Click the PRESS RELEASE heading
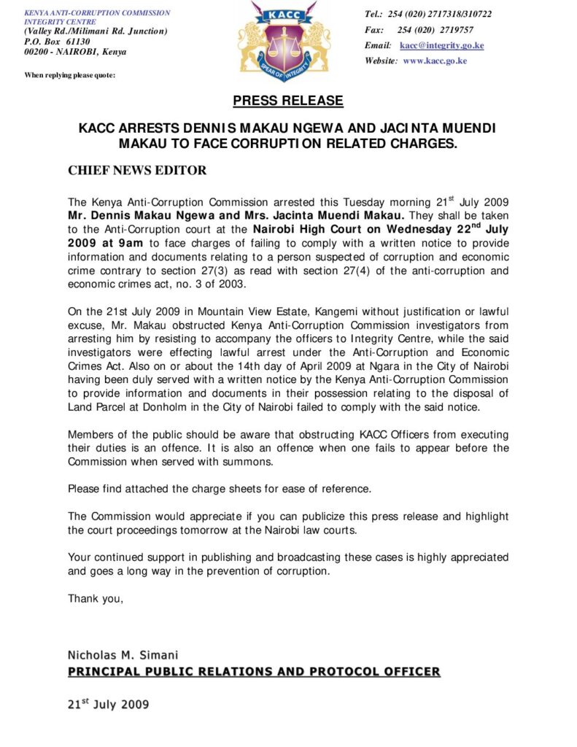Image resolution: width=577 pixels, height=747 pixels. click(x=288, y=101)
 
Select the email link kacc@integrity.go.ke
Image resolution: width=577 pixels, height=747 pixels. click(x=441, y=46)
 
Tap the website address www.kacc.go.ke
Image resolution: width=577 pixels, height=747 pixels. click(x=435, y=61)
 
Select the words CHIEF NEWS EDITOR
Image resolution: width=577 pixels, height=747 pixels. click(x=137, y=171)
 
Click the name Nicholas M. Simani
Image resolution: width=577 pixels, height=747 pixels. click(x=123, y=654)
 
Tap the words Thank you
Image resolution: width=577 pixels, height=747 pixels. click(x=96, y=599)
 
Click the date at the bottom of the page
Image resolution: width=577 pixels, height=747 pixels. click(x=108, y=705)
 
